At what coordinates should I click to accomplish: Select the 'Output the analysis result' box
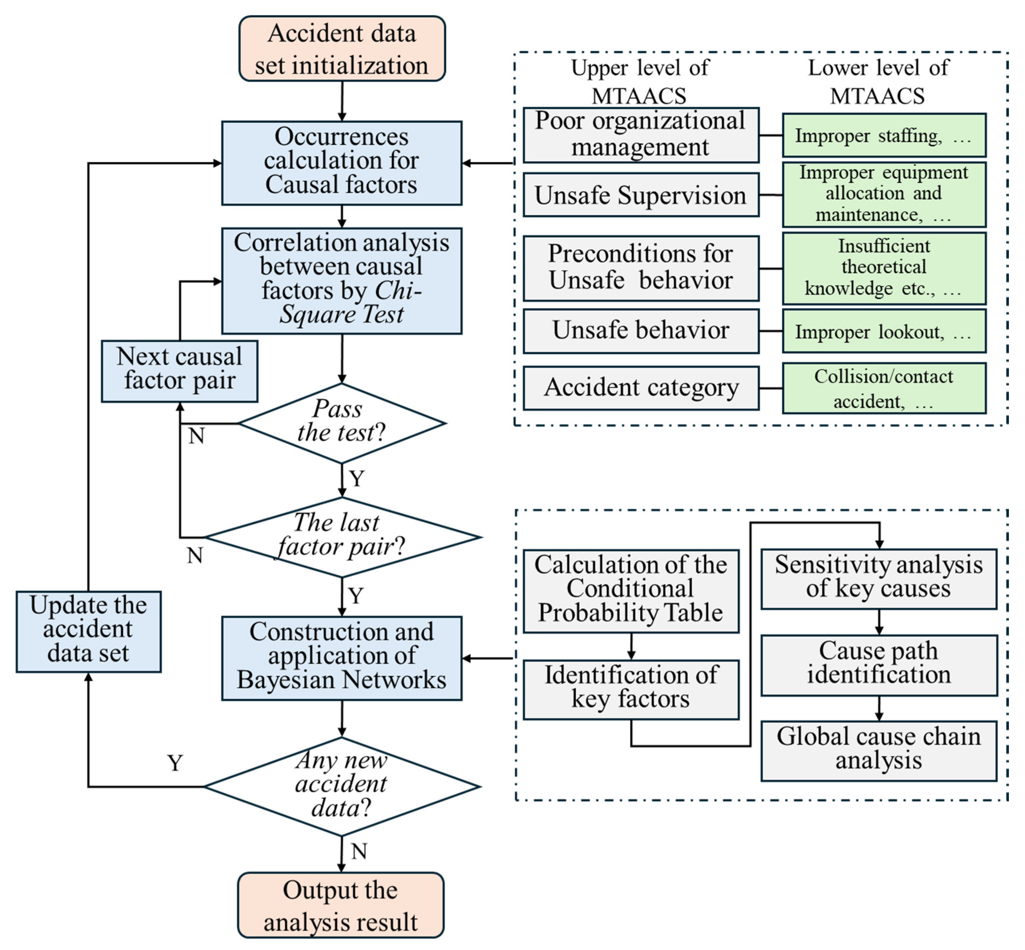coord(341,905)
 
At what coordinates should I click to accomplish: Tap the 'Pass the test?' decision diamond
coord(342,423)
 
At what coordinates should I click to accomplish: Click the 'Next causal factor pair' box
coord(179,371)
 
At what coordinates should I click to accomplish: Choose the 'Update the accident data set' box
coord(88,632)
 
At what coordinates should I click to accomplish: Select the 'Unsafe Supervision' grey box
coord(641,195)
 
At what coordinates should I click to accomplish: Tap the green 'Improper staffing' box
coord(884,135)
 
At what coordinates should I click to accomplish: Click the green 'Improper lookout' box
coord(884,331)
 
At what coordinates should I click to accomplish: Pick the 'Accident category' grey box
coord(641,388)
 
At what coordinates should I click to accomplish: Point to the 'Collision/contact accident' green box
coord(884,388)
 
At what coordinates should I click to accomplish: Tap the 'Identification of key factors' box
coord(631,690)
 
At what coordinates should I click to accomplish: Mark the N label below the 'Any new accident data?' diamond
coord(359,852)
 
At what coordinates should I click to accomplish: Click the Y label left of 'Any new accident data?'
coord(175,763)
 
